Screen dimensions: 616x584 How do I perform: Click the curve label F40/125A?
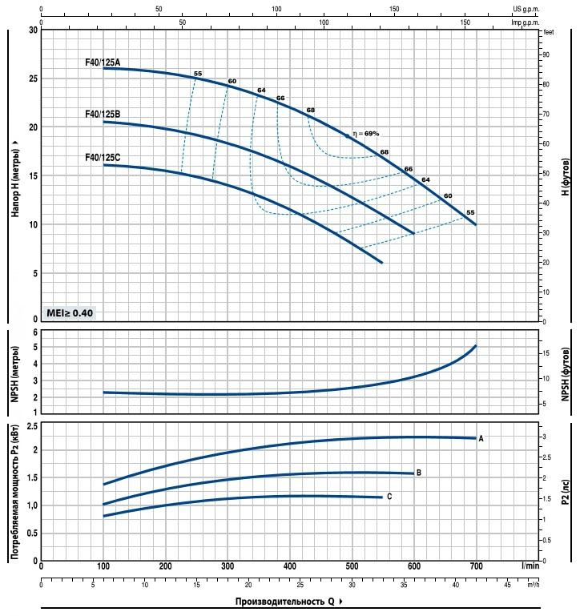point(102,61)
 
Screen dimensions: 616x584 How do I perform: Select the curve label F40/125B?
point(102,115)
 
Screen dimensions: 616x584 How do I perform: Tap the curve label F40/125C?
point(102,158)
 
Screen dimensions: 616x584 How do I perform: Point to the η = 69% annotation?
point(365,134)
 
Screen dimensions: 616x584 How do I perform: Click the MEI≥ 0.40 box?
point(70,312)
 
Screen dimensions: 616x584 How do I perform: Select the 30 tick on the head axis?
point(33,30)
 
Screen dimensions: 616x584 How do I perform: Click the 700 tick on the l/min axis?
point(476,566)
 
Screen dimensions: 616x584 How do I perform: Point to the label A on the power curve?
point(481,439)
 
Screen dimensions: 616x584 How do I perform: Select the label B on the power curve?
point(418,473)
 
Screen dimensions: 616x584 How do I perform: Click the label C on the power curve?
point(389,497)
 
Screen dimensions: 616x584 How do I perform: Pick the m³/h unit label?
point(534,585)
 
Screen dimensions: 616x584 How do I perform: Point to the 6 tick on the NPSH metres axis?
point(34,332)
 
